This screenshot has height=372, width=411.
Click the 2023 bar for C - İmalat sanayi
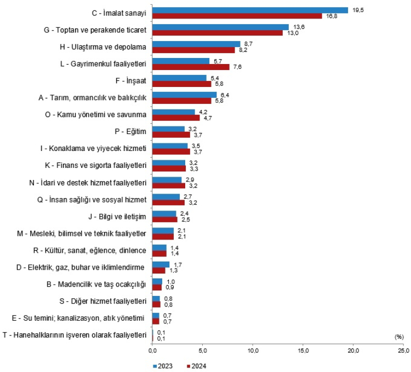250,10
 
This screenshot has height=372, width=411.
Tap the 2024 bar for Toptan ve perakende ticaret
218,33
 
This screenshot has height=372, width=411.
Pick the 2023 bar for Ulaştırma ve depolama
196,44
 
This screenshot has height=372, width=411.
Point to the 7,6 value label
237,67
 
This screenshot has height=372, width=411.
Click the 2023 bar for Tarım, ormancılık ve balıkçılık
185,95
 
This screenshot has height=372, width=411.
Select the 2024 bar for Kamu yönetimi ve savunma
176,118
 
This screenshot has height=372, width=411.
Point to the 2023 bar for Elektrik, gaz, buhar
161,264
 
